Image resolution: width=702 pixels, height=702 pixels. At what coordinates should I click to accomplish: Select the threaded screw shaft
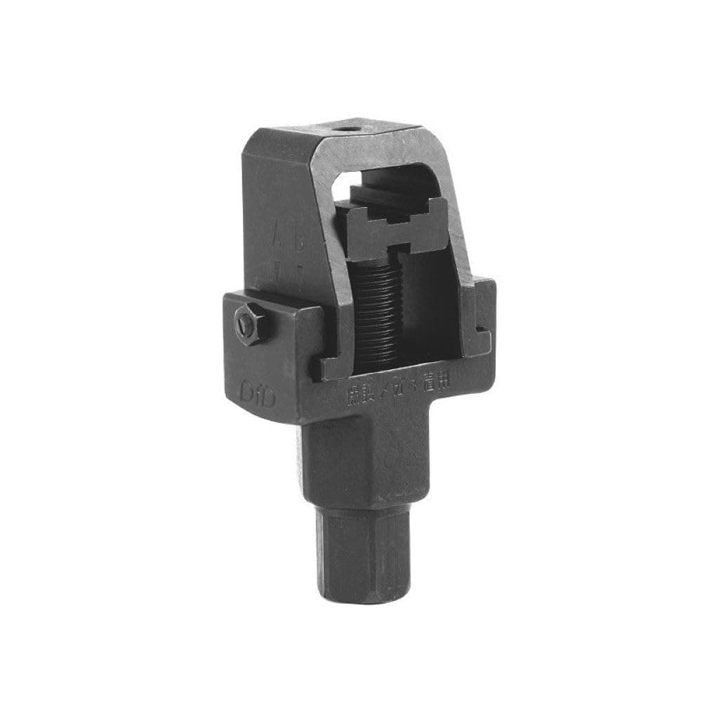380,309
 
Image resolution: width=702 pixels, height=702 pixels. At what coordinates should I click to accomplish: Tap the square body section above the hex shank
365,456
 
